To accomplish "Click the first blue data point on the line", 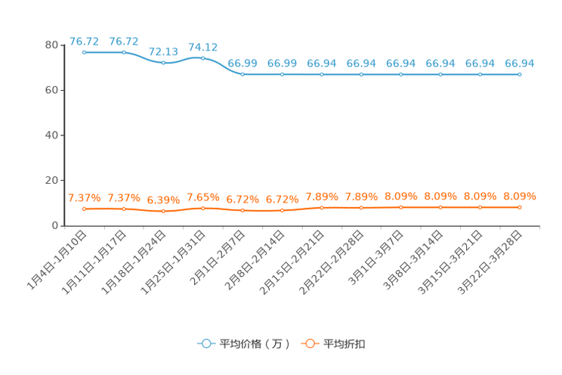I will (x=85, y=53).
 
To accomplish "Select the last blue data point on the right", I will (x=520, y=74).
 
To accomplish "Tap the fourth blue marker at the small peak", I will (x=202, y=58).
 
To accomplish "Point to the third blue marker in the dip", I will (x=163, y=62).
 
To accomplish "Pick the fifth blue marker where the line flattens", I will (x=242, y=74).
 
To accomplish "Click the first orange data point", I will (x=85, y=208).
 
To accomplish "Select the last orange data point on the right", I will (x=520, y=206).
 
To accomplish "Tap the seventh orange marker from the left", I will (x=322, y=206).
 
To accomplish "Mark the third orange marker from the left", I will (x=163, y=211).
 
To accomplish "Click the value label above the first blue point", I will (x=85, y=41).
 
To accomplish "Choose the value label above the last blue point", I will (x=520, y=64).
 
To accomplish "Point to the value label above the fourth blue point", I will (x=202, y=47).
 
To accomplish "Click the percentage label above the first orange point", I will (x=85, y=198).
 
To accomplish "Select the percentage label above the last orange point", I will (x=520, y=197).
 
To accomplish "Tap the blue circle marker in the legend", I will (x=206, y=343).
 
